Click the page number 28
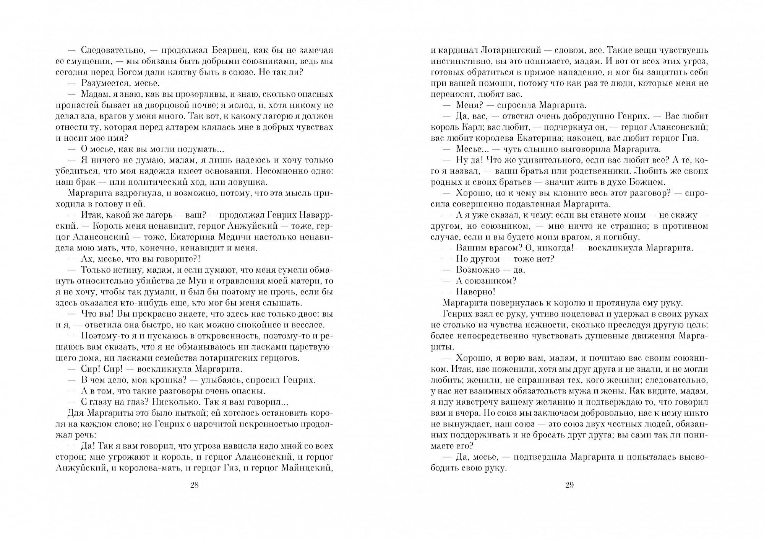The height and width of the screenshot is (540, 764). pyautogui.click(x=194, y=485)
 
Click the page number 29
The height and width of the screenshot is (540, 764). pyautogui.click(x=569, y=485)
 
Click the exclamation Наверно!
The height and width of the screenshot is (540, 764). pyautogui.click(x=476, y=292)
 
